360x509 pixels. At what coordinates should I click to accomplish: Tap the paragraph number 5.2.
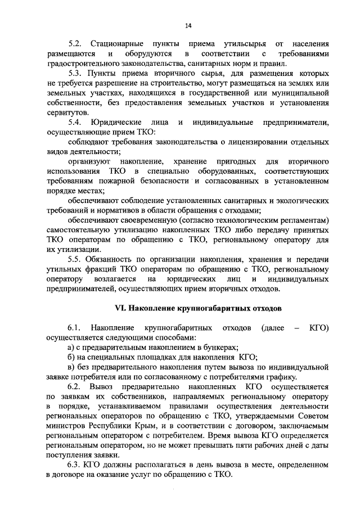(75, 43)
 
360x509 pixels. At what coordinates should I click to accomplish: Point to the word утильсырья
(240, 43)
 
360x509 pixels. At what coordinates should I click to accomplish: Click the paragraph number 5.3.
(75, 74)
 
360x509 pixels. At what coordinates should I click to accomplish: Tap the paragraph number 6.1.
(75, 328)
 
